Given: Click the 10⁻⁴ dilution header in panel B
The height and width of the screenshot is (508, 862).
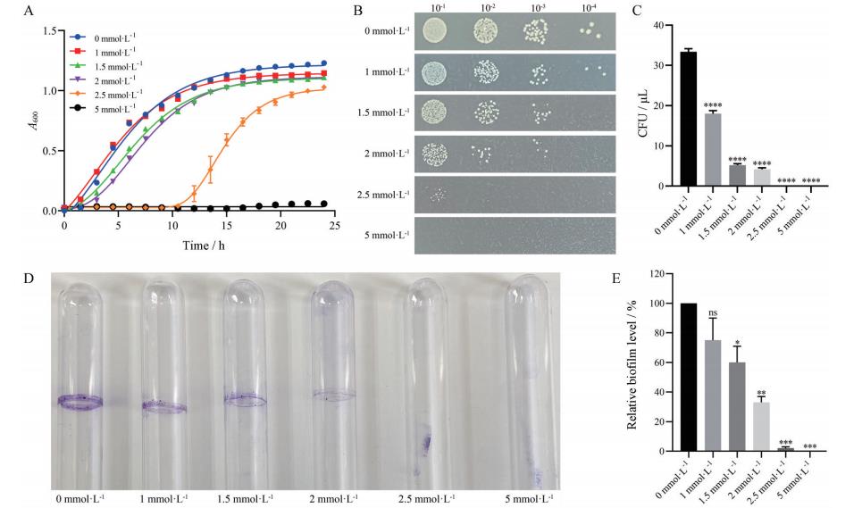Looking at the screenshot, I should tap(588, 11).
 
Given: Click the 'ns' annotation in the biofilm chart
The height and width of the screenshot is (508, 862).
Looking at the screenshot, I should tap(713, 312).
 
